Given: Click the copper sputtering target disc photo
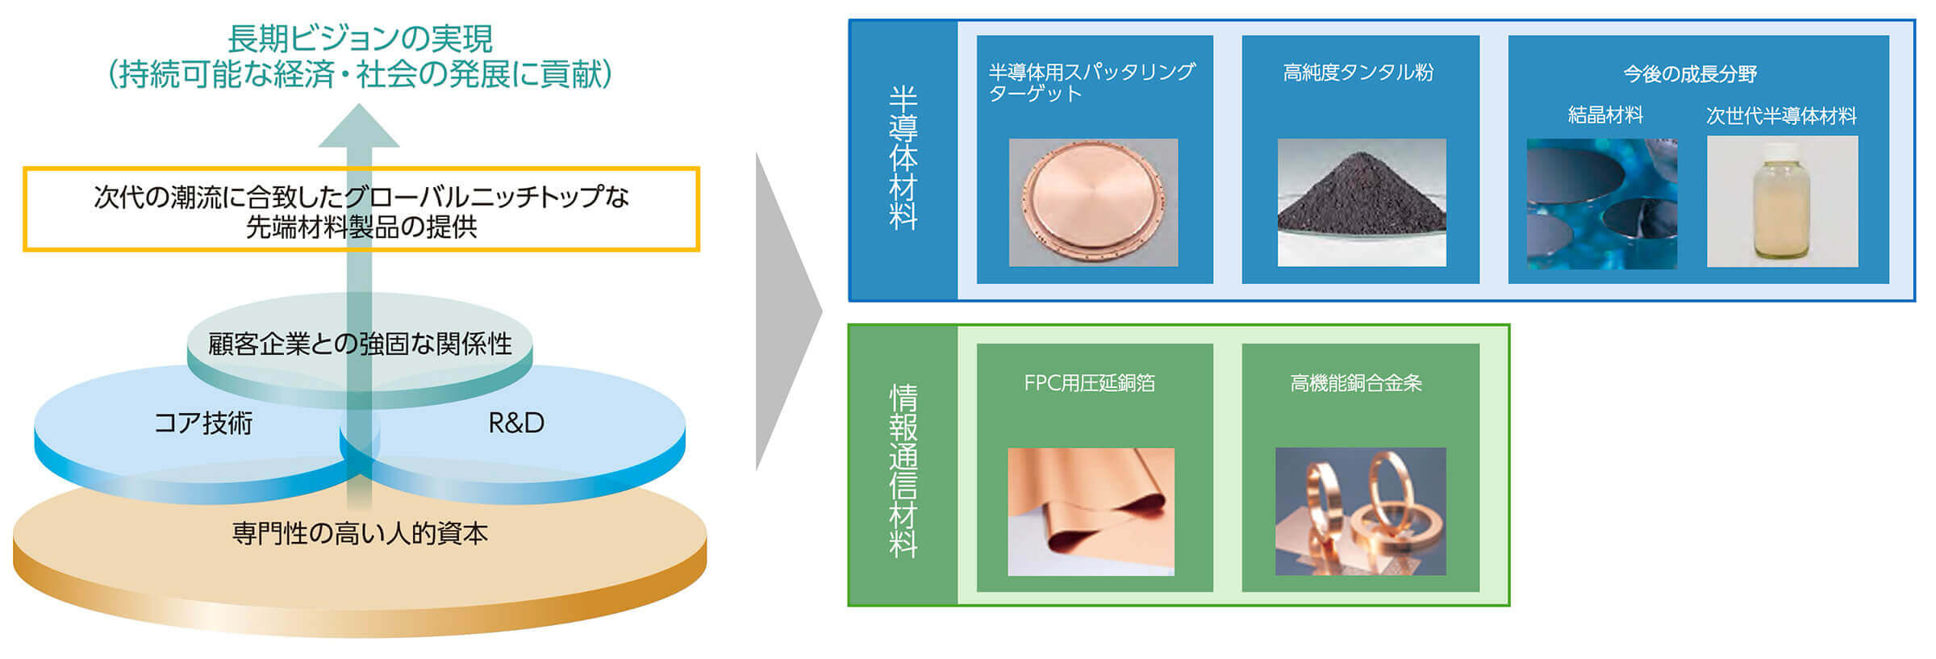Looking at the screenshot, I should click(x=1093, y=202).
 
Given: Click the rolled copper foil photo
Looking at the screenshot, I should click(x=1091, y=511).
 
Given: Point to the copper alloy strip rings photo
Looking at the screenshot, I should click(x=1360, y=511).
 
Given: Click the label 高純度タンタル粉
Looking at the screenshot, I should click(x=1358, y=73).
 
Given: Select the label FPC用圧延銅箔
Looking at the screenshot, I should click(x=1089, y=383).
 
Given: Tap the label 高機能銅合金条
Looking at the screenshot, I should click(x=1356, y=383).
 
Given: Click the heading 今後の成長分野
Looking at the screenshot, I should click(x=1690, y=74).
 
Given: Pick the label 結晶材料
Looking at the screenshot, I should click(x=1605, y=115).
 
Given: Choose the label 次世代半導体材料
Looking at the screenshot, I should click(x=1781, y=116).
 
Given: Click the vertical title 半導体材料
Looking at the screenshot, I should click(x=903, y=158).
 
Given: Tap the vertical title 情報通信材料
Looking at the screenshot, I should click(x=903, y=471).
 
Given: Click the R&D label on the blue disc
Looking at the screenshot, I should click(x=516, y=423).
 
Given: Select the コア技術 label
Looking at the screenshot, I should click(x=203, y=423).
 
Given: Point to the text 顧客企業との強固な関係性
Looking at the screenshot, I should click(x=360, y=344).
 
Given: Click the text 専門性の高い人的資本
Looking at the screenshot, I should click(x=360, y=533).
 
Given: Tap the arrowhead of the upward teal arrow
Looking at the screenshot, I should click(x=359, y=127).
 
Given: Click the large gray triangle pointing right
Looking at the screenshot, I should click(x=782, y=311).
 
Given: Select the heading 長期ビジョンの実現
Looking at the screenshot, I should click(x=360, y=38).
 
